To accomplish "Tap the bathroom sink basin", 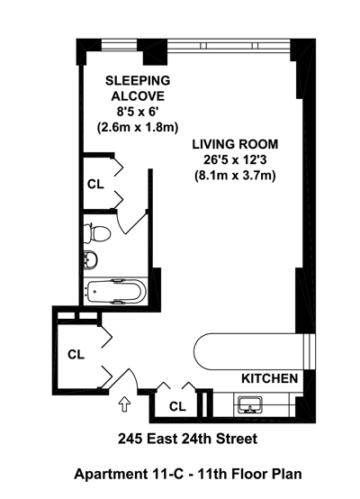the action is coord(91,259).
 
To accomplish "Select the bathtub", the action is coord(116,291).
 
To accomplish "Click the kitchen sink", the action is coord(250,405).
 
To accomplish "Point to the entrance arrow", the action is coord(124,405).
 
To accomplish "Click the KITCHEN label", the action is coord(270,378).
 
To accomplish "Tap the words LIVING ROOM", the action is coord(235,144).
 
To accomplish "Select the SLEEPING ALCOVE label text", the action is coord(138,88).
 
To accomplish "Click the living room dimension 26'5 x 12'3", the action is coord(235,160).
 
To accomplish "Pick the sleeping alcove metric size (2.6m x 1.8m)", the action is coord(138,128).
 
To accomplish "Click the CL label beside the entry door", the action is coord(76,354).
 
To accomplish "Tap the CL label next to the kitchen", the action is coord(177,406).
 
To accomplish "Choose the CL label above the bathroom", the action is coord(95,184).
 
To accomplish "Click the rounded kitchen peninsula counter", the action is coord(248,351).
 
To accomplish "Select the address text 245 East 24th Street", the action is coord(187,440).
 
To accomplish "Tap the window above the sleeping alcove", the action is coord(120,44).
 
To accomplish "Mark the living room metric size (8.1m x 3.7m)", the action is coord(235,176).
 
